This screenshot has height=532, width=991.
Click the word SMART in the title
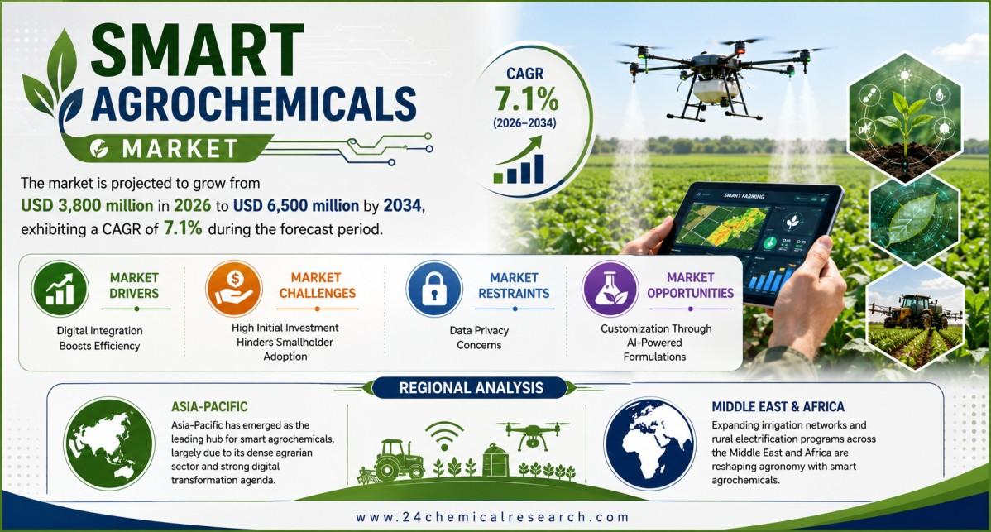tap(197, 50)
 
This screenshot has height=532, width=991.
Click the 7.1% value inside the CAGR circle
tap(526, 99)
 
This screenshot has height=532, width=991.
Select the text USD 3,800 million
tap(87, 206)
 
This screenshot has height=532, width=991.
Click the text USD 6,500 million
tap(296, 206)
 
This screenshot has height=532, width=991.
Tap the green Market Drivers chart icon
tap(60, 289)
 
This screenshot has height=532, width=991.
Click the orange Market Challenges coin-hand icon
tap(234, 288)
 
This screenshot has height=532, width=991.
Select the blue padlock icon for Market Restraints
tap(434, 289)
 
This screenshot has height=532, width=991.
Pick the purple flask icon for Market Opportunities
tap(610, 289)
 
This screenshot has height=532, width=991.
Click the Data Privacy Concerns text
tap(479, 338)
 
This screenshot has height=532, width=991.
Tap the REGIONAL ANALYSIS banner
tap(471, 387)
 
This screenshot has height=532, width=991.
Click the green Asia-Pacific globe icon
tap(109, 443)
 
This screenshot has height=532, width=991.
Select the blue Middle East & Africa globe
tap(649, 443)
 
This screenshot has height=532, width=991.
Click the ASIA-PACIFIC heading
tap(209, 407)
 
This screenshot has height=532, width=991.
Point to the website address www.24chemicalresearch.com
tap(492, 517)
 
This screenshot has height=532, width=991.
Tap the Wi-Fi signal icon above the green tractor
tap(444, 435)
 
